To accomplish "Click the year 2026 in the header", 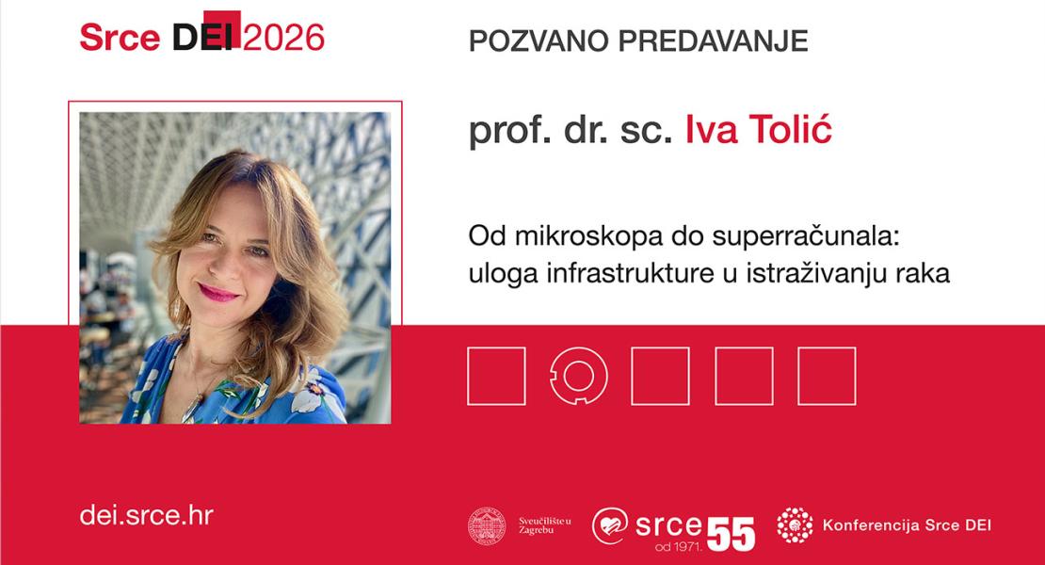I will tap(284, 37).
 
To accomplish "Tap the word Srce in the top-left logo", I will tap(121, 37).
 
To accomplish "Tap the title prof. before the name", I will tap(503, 132).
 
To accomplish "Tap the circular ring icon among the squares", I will tap(578, 376).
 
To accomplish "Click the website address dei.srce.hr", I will tap(146, 515).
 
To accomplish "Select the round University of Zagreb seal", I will tap(487, 525).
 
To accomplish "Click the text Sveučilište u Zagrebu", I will tap(544, 525).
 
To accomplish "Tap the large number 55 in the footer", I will tap(731, 534).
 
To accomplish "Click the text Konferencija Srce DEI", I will tap(906, 525).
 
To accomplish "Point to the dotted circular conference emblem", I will tap(795, 525).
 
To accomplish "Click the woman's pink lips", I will tap(219, 293).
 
